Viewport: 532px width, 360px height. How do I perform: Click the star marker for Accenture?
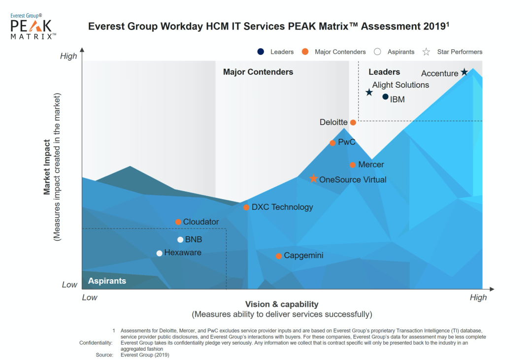pyautogui.click(x=464, y=72)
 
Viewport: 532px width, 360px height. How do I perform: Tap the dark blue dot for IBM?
pyautogui.click(x=385, y=97)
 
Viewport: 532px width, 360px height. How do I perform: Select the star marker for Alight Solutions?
pyautogui.click(x=369, y=92)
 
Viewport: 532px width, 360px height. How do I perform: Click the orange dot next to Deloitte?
pyautogui.click(x=353, y=123)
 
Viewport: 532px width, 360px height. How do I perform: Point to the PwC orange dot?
pyautogui.click(x=332, y=143)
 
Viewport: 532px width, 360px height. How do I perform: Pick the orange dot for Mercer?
pyautogui.click(x=353, y=165)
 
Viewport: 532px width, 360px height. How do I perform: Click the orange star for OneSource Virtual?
pyautogui.click(x=313, y=179)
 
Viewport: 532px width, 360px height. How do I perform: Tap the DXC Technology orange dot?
pyautogui.click(x=246, y=207)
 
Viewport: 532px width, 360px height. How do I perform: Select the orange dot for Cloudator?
pyautogui.click(x=178, y=222)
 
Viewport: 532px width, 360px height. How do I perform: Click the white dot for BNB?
pyautogui.click(x=180, y=240)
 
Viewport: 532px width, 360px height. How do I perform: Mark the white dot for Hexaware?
pyautogui.click(x=159, y=253)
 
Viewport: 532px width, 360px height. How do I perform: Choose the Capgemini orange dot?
pyautogui.click(x=279, y=256)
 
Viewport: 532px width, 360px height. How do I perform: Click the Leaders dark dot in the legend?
pyautogui.click(x=261, y=52)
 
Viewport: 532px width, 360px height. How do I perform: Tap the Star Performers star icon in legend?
pyautogui.click(x=427, y=52)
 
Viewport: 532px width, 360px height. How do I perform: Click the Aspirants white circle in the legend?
pyautogui.click(x=377, y=52)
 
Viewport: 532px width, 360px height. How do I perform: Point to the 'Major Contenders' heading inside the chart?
pyautogui.click(x=258, y=72)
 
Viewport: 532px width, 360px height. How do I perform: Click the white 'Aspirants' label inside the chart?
pyautogui.click(x=107, y=281)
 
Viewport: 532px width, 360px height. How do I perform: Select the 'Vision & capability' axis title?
pyautogui.click(x=282, y=304)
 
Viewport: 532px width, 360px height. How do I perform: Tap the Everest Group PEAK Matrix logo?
pyautogui.click(x=33, y=27)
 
